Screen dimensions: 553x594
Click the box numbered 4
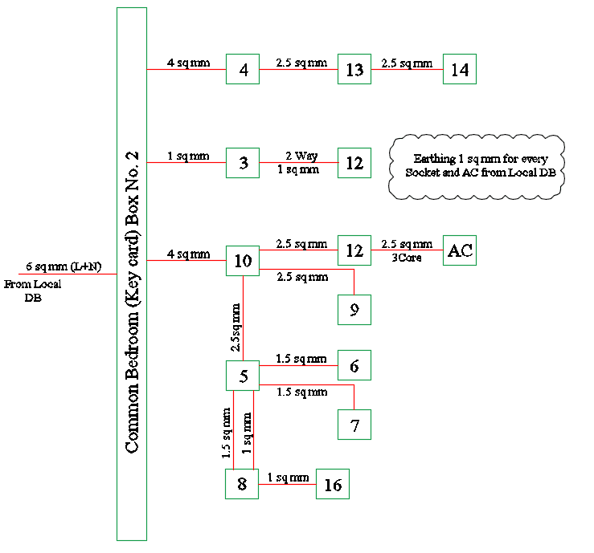[x=243, y=70]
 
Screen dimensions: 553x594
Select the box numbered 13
[x=354, y=70]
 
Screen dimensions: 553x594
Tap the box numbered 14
[x=460, y=70]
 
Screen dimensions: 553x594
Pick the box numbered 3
[x=243, y=164]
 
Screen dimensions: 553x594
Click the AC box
[x=460, y=250]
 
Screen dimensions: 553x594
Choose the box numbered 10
[x=243, y=261]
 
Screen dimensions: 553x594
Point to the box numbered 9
[x=354, y=308]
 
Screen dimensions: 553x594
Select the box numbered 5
[x=243, y=375]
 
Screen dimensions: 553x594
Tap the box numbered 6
[x=354, y=366]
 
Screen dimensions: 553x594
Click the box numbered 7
[x=354, y=424]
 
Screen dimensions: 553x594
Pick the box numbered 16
[x=333, y=485]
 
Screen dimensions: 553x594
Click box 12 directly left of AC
[x=354, y=250]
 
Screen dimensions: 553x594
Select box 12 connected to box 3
[x=354, y=164]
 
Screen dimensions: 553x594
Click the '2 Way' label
[x=300, y=156]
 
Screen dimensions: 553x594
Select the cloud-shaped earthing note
[x=477, y=166]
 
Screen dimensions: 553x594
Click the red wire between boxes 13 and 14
[x=407, y=70]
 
